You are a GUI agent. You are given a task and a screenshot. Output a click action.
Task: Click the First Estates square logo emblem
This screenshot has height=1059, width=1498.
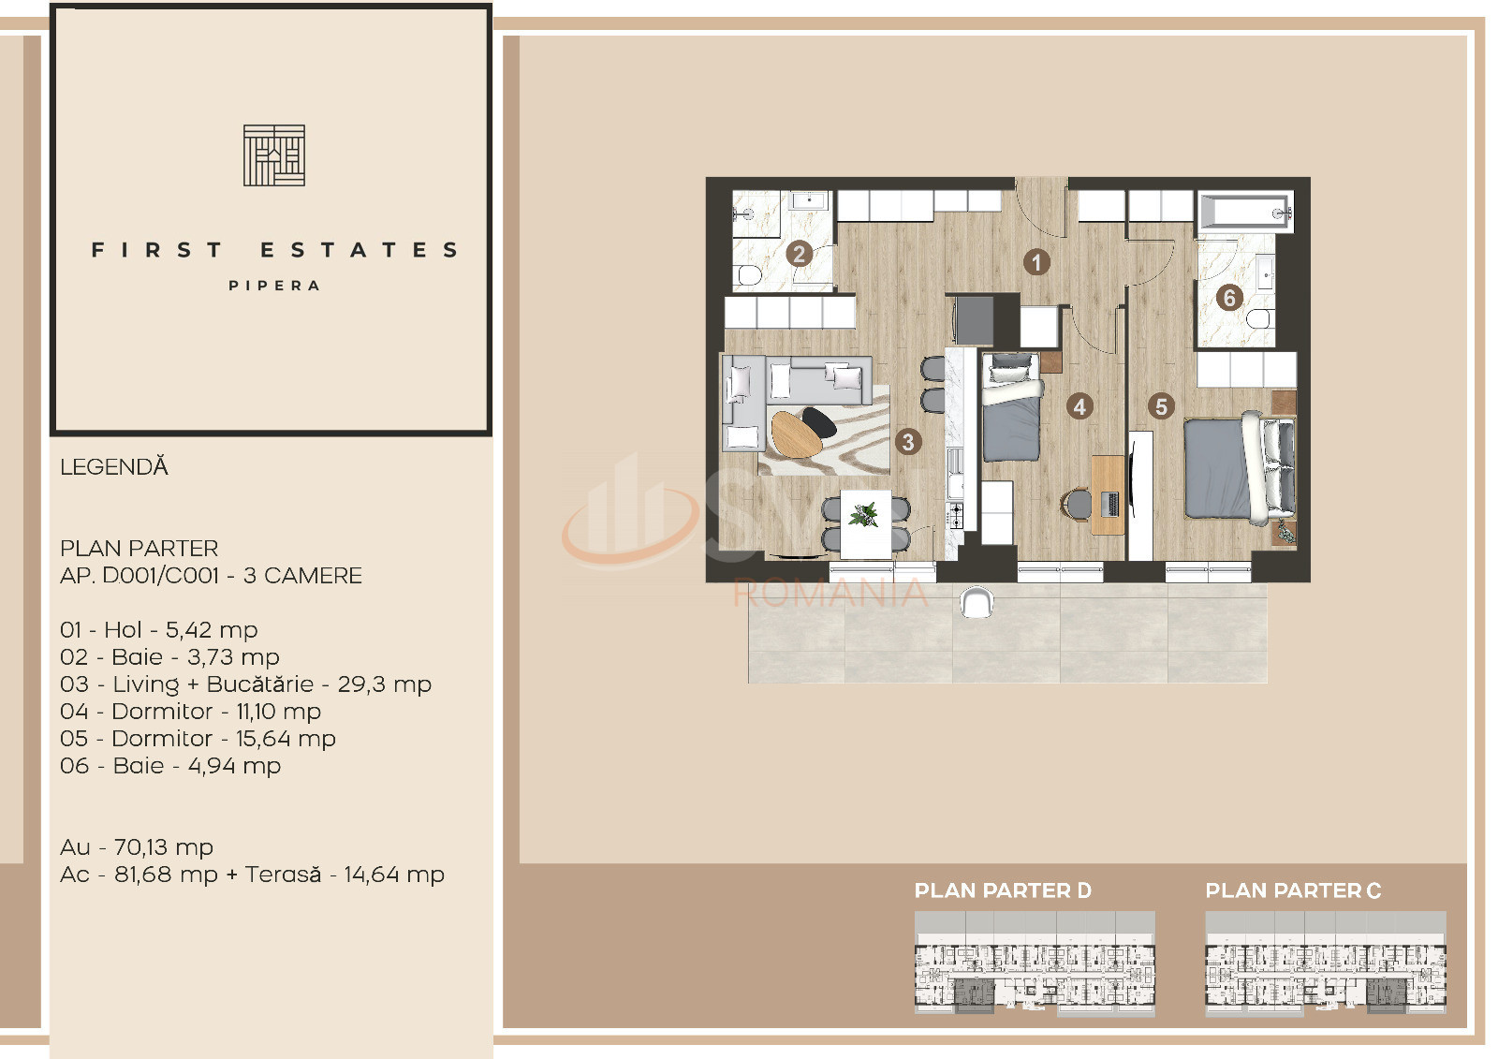(274, 155)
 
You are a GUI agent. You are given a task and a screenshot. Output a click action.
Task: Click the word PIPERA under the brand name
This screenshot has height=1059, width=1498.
(274, 286)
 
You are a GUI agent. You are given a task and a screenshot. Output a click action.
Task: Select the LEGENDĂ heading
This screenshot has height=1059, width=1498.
(114, 467)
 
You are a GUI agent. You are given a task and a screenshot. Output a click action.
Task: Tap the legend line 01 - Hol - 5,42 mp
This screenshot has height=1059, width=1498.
(158, 630)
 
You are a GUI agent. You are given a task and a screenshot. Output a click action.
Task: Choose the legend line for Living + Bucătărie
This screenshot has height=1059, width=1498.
(245, 684)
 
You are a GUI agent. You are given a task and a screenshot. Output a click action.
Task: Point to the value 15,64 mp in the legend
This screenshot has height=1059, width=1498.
(286, 739)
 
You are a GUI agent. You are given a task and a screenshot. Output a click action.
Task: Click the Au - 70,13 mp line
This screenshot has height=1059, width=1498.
(137, 847)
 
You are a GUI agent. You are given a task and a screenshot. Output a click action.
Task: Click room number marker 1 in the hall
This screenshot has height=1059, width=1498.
(1035, 262)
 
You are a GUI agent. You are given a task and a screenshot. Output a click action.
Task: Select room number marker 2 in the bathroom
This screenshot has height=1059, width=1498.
(799, 254)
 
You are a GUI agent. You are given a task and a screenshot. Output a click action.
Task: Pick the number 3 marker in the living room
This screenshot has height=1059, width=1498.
(907, 442)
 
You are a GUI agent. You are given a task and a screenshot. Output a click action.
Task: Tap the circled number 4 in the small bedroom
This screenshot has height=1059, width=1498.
(1079, 406)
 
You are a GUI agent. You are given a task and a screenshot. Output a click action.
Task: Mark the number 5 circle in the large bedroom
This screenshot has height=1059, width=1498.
(1161, 406)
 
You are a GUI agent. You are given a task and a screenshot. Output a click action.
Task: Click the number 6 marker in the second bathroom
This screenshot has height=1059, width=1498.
(1228, 298)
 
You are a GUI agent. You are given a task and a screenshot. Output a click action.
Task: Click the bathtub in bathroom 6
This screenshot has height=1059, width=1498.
(1245, 213)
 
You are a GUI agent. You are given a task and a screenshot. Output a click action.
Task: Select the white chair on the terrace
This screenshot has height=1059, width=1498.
(976, 602)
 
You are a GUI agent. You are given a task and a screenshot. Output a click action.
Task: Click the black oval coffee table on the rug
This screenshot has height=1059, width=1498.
(820, 423)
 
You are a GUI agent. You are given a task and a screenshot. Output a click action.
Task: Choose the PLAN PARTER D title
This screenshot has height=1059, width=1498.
(1003, 890)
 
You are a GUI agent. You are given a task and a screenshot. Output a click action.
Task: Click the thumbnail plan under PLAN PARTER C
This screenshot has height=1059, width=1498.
(1325, 963)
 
